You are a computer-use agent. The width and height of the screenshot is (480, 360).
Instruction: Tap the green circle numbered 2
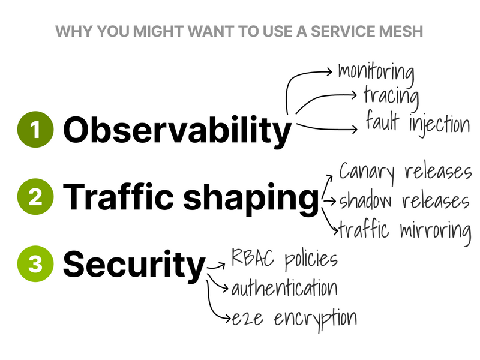pos(35,197)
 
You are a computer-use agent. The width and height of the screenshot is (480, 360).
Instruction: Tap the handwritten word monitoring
pos(376,71)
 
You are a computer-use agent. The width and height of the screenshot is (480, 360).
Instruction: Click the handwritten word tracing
pos(391,95)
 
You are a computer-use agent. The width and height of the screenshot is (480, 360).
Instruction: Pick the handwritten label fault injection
pos(418,123)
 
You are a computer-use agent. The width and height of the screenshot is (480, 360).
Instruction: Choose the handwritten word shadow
pos(367,200)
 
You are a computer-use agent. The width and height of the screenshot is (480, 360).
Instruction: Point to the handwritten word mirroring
pos(436,229)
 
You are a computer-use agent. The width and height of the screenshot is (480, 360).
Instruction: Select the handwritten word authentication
pos(284,288)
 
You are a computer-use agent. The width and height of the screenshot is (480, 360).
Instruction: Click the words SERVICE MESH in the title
pos(371,31)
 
